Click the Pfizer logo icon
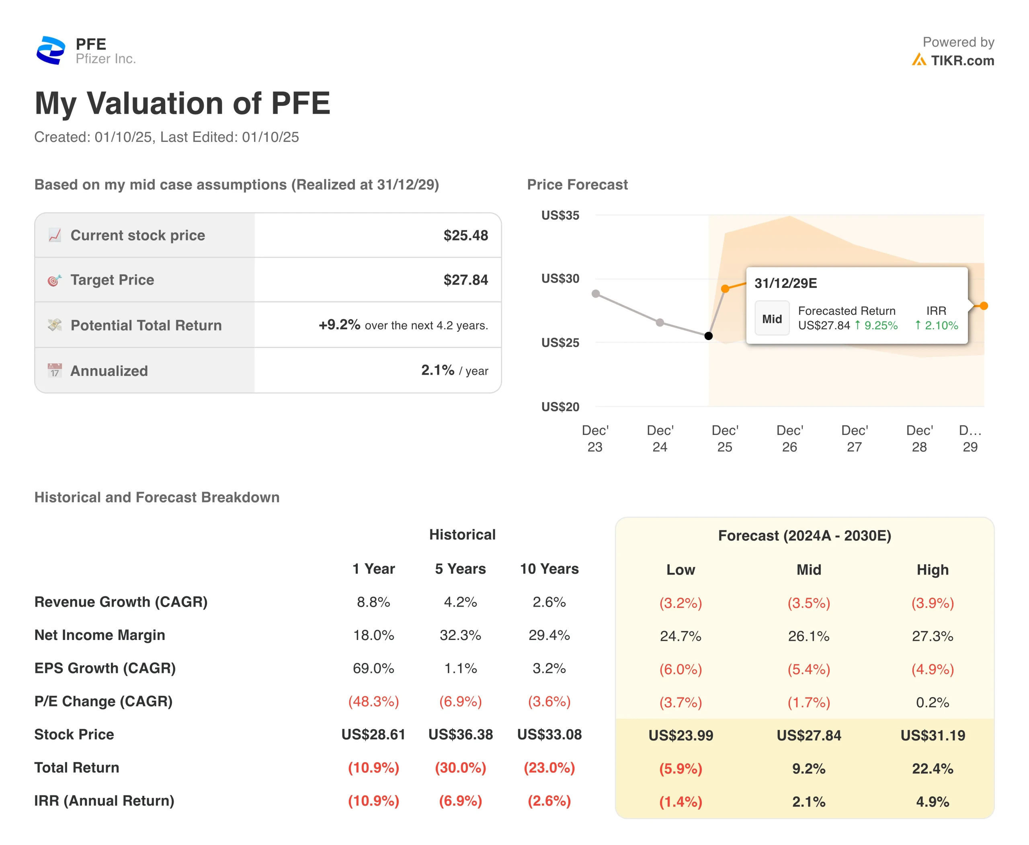coord(51,50)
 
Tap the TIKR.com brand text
coord(962,60)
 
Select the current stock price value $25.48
coord(465,235)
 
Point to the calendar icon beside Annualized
coord(55,370)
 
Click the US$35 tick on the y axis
coord(560,215)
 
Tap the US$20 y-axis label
coord(560,406)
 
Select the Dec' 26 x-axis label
coord(789,438)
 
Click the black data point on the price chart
coord(709,336)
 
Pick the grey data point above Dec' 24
coord(660,322)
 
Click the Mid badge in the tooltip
coord(771,319)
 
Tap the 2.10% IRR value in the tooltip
coord(941,325)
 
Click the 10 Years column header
coord(549,568)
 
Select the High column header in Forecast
coord(932,570)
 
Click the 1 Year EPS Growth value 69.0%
coord(373,668)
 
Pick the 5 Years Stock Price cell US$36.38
coord(461,734)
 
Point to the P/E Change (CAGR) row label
coord(104,701)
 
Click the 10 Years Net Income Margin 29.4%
coord(549,635)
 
